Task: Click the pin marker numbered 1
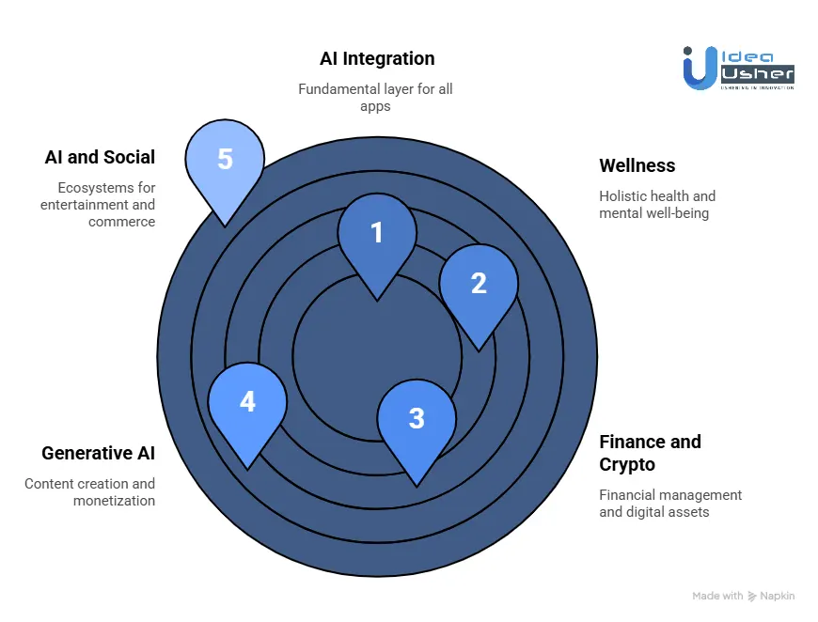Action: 377,240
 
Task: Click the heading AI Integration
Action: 377,58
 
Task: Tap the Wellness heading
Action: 637,165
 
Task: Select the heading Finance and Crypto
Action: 650,453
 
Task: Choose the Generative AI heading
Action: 98,453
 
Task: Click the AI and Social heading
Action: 100,157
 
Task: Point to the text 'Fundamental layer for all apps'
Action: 375,98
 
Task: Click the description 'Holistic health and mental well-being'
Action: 657,205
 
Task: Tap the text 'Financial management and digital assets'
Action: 670,503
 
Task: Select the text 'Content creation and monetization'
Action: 89,491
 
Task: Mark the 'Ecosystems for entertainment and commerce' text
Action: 98,205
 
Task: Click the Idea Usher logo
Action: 738,68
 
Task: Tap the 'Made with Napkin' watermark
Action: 744,596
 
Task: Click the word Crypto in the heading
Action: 627,464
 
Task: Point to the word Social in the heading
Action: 129,157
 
